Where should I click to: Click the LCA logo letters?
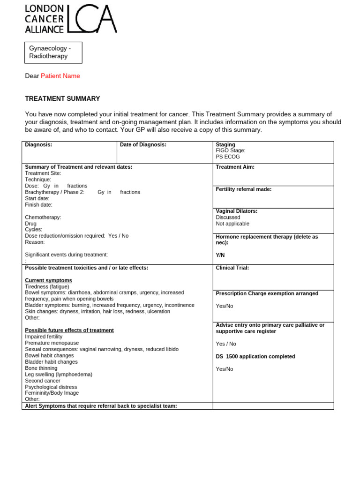coord(92,19)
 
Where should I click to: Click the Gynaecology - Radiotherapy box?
coord(53,52)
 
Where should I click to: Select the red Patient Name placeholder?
coord(60,76)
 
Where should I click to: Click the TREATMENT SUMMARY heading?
coord(62,98)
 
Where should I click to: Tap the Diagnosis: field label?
coord(38,145)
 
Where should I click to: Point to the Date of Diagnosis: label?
coord(143,145)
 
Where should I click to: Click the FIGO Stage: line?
coord(230,151)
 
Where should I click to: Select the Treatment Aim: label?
coord(235,167)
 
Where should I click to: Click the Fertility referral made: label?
coord(243,189)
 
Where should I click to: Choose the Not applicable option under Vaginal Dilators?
coord(232,224)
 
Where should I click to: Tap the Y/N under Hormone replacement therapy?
coord(220,255)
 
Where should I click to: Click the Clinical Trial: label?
coord(232,268)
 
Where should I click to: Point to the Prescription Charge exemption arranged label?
coord(267,293)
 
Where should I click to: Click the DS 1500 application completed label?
coord(255,356)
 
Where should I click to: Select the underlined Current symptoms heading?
coord(48,280)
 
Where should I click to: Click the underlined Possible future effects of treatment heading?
coord(69,330)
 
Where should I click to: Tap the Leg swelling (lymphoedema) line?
coord(59,375)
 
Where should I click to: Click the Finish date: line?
coord(38,205)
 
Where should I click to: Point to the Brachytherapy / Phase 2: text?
coord(54,192)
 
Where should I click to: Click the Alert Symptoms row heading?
coord(101,406)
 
